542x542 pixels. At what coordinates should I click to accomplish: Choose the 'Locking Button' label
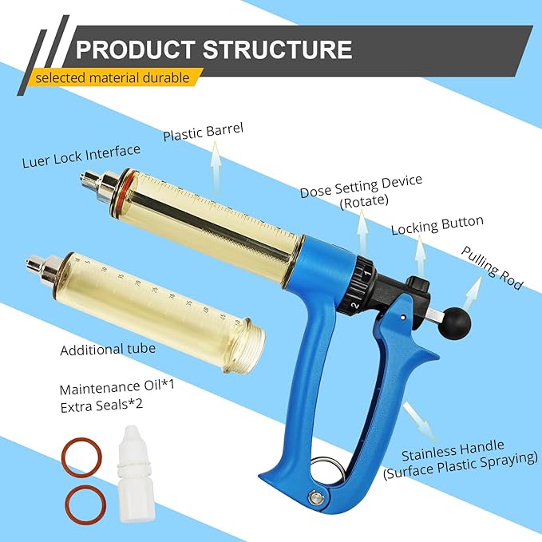pos(437,226)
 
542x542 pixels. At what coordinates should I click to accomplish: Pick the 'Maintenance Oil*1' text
pos(106,390)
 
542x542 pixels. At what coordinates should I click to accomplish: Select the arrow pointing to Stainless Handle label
pos(417,416)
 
